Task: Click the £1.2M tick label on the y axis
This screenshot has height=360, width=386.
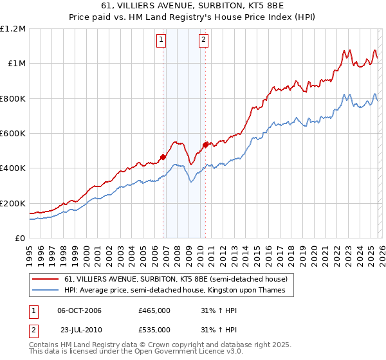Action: click(13, 29)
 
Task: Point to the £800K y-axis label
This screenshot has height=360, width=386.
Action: click(13, 98)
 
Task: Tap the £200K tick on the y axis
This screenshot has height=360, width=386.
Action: click(13, 203)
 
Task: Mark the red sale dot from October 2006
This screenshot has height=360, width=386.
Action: click(163, 156)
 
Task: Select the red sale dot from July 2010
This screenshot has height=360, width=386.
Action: click(205, 145)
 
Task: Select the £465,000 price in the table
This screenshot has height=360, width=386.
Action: click(154, 310)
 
